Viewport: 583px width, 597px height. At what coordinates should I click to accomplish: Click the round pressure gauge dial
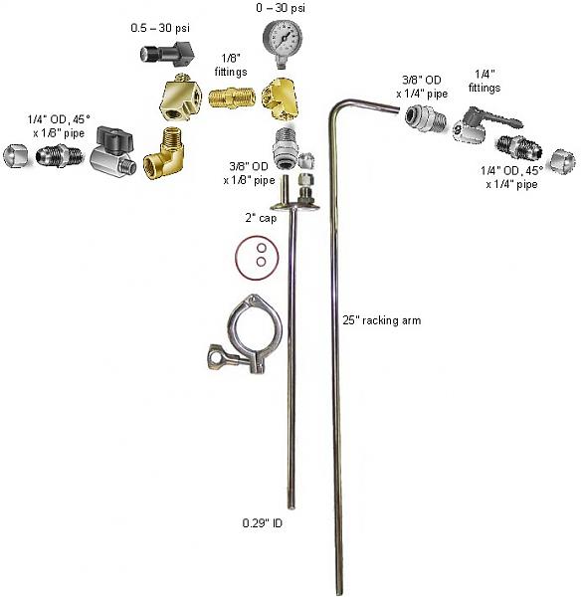tap(283, 39)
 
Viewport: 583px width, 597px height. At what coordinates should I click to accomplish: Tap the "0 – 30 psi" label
tap(281, 8)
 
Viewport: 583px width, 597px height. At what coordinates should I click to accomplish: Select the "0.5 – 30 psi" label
tap(160, 28)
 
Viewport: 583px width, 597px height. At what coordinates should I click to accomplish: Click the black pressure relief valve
tap(167, 53)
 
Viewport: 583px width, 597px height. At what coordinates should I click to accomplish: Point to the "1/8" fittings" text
tap(231, 65)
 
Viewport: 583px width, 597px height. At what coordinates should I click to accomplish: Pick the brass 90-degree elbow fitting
tap(163, 153)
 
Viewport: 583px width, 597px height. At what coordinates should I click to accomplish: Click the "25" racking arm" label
tap(382, 320)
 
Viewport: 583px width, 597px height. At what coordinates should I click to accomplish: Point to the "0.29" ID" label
tap(263, 523)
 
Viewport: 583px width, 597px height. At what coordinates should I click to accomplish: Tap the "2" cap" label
tap(261, 218)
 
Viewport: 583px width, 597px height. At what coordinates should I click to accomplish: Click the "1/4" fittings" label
tap(485, 81)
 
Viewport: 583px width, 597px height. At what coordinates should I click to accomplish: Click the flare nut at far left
tap(16, 156)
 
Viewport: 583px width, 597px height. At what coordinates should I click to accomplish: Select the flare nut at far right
tap(563, 161)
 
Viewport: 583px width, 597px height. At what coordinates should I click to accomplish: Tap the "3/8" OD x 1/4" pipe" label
tap(422, 87)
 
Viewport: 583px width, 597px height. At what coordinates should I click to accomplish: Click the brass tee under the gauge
tap(281, 99)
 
